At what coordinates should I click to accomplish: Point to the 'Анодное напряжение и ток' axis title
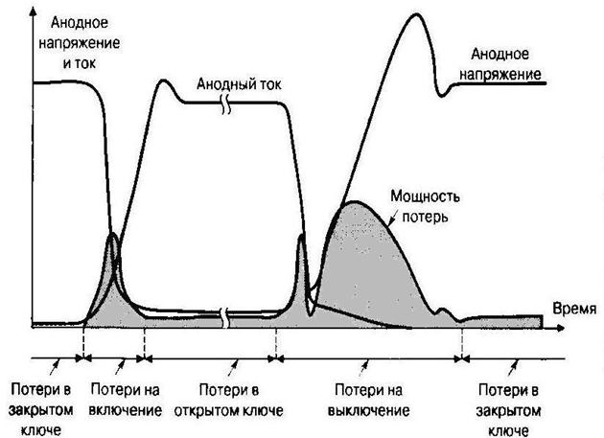point(82,42)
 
